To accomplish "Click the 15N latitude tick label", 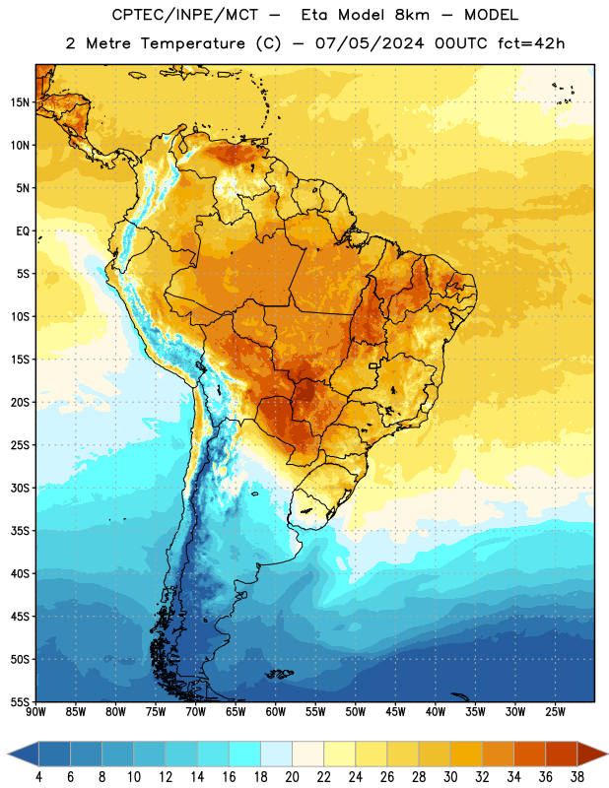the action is point(20,102).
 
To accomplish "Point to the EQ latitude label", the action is point(23,231).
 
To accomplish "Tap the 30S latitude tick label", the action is point(20,488).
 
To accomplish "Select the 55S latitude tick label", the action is point(20,701).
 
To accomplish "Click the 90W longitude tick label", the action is point(35,711).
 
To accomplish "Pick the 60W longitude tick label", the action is point(276,711).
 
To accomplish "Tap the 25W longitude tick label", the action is point(555,711).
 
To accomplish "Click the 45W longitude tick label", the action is point(395,711).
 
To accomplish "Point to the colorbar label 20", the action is point(292,777).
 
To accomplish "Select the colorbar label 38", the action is point(577,777).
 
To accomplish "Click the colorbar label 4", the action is point(38,777).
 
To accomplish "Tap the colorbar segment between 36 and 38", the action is point(562,754).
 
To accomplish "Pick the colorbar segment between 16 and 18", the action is point(244,754).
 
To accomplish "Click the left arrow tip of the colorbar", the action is point(8,754).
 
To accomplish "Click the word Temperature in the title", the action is point(192,43).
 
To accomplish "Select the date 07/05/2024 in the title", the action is point(370,43).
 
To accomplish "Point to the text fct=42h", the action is point(531,43).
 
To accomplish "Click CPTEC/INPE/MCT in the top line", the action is point(184,15).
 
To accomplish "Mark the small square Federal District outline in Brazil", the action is point(373,365).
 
